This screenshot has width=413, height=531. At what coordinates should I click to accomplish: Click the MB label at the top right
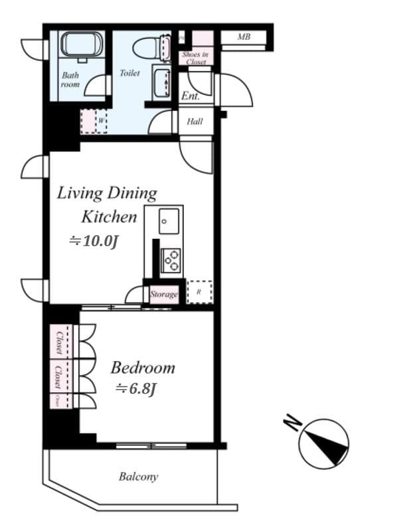point(244,37)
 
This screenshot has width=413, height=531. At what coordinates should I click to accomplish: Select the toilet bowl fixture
point(145,48)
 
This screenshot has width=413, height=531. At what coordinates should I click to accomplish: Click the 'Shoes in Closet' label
point(196,58)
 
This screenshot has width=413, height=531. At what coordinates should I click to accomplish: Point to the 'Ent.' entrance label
point(191,96)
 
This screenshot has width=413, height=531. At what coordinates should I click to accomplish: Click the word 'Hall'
point(195,121)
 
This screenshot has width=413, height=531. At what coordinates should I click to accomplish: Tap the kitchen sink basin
point(169,220)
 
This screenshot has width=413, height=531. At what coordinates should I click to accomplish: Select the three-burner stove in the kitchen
point(171,260)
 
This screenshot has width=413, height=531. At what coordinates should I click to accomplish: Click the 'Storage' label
point(164,294)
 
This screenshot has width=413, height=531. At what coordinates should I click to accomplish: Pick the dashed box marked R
point(199,292)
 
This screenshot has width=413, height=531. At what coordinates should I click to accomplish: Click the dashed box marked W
point(94,121)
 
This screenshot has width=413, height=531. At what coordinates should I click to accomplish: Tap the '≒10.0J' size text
point(94,241)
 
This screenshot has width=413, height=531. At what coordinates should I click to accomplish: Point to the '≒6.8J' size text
point(135,389)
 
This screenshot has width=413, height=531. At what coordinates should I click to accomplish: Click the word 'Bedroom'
point(143,368)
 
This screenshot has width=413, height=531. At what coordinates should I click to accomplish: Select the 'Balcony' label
point(138,477)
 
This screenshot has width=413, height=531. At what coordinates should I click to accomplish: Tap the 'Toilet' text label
point(129,73)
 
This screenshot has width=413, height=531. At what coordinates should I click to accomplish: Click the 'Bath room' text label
point(70,80)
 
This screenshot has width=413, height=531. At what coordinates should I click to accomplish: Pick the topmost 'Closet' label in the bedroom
point(59,341)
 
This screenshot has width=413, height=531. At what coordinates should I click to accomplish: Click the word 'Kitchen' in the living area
point(109,216)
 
